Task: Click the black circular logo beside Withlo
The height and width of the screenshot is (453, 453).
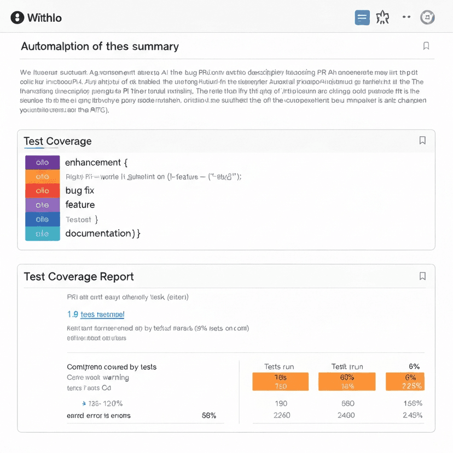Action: pos(18,18)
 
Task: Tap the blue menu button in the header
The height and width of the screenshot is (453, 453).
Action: pos(362,18)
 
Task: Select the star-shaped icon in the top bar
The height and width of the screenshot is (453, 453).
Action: pos(383,18)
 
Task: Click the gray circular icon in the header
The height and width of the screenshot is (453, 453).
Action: pos(427,18)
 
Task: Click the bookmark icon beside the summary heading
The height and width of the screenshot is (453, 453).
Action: pos(426,46)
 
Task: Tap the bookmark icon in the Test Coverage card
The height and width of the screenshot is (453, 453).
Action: pos(422,141)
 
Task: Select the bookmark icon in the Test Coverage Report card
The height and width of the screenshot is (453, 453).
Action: pos(422,276)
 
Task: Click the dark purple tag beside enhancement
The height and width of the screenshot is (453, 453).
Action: pos(42,162)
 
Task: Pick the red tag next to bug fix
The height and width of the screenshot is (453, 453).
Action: pos(42,190)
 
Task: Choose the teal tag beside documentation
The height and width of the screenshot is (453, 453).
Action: pos(42,234)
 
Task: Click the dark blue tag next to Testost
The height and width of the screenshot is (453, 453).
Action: pos(42,219)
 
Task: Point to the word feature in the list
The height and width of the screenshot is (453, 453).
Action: pos(80,205)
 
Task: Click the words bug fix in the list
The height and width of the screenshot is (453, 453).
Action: pos(80,190)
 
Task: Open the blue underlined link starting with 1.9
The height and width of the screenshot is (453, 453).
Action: pos(96,315)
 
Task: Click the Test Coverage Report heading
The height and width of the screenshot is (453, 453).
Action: pos(79,277)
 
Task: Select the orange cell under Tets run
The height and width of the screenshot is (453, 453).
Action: pos(280,382)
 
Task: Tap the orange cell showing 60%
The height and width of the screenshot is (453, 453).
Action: pos(347,382)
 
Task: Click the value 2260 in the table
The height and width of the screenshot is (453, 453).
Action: pos(282,415)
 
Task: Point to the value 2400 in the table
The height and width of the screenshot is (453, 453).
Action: pos(347,415)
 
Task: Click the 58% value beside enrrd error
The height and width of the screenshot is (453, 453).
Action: pos(209,415)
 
